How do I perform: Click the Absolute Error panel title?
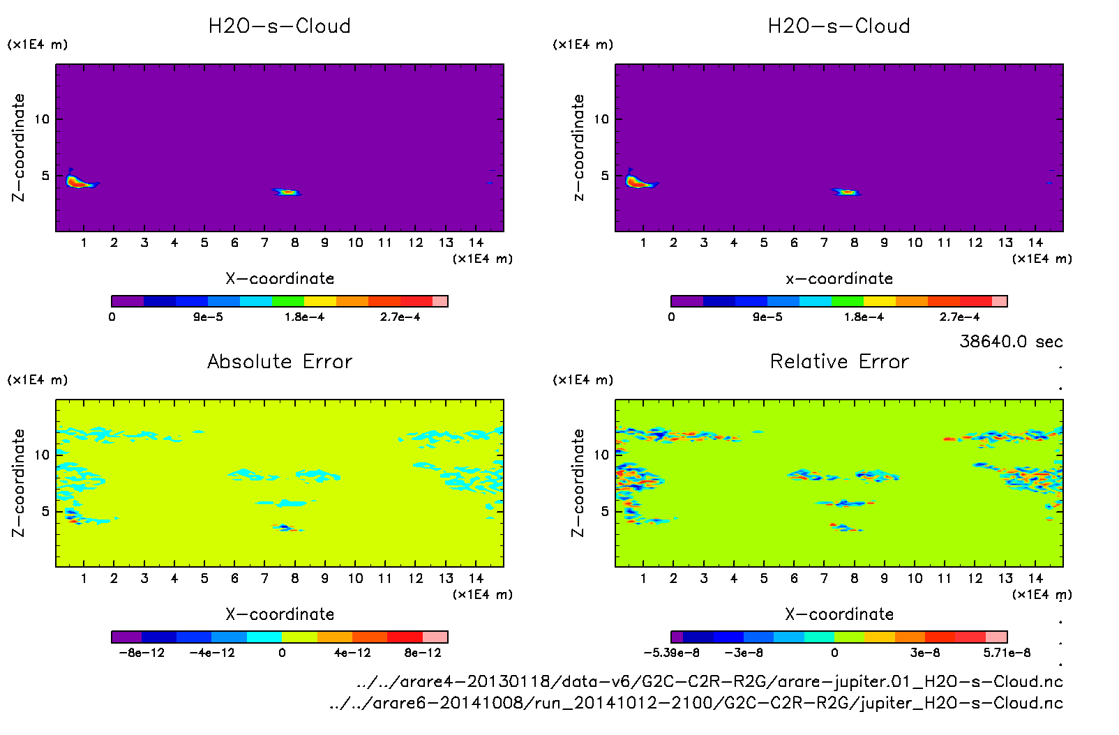pos(280,361)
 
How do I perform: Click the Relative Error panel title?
pos(839,361)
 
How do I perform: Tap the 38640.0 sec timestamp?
pos(1011,342)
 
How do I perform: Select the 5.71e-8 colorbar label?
pos(1007,653)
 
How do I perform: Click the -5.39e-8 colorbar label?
pos(671,653)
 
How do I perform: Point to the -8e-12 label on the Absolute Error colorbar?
pos(142,653)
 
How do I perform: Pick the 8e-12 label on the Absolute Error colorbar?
pos(423,653)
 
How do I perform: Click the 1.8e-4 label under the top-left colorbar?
pos(304,317)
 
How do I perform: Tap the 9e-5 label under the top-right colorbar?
pos(767,317)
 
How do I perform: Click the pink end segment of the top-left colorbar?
pos(440,301)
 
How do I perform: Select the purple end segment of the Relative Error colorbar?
pos(677,637)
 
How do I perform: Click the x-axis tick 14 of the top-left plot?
pos(476,243)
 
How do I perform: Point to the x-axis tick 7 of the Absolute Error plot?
pos(264,578)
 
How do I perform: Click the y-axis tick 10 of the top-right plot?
pos(601,119)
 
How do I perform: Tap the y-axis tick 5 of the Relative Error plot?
pos(604,511)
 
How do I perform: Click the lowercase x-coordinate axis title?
pos(839,279)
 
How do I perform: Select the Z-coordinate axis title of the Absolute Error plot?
pos(19,483)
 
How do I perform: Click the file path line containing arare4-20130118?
pos(709,681)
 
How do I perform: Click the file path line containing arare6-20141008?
pos(696,703)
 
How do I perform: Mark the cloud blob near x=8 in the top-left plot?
pos(287,192)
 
